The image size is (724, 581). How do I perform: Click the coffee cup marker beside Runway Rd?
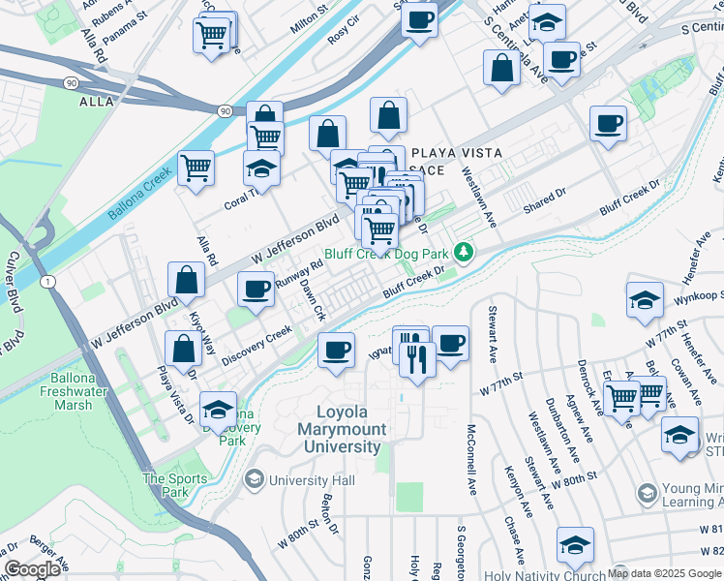(256, 289)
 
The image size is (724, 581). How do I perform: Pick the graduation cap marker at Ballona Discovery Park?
(219, 408)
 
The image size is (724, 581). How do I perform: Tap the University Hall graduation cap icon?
(254, 479)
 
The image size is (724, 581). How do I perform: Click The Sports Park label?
(175, 485)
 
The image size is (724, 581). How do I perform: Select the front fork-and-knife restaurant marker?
(417, 358)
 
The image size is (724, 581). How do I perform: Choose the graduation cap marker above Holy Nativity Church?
(575, 545)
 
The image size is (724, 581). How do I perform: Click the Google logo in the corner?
(32, 569)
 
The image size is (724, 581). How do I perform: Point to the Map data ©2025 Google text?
(664, 573)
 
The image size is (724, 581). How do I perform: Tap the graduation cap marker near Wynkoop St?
(645, 300)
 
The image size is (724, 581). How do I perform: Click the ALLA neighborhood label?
(97, 101)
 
